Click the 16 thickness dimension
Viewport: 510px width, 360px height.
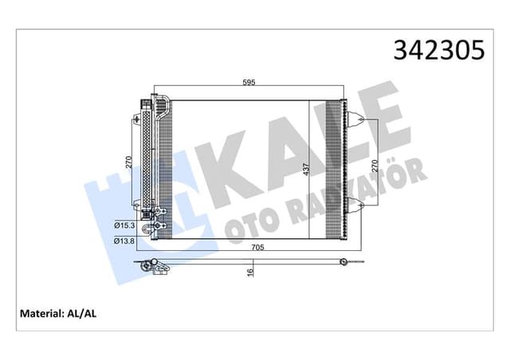249,272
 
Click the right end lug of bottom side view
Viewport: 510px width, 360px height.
344,260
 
